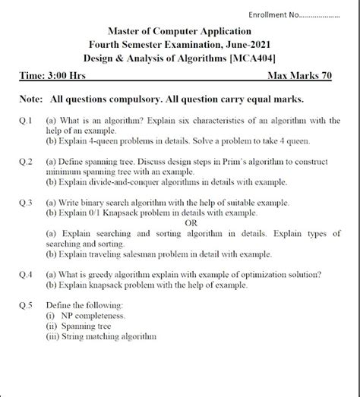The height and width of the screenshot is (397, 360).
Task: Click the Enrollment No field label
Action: pos(279,14)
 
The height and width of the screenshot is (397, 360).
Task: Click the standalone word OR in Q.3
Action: pos(192,223)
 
